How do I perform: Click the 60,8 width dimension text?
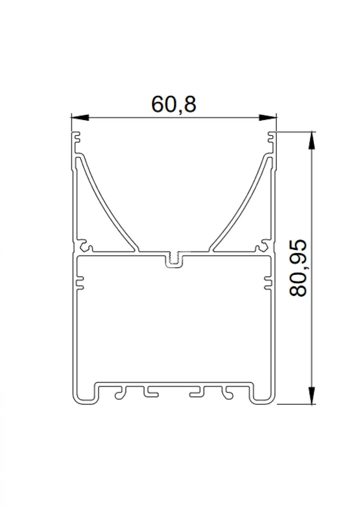(174, 105)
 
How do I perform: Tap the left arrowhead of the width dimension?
(80, 118)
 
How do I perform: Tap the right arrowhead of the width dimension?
(268, 118)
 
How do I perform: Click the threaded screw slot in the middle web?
(174, 261)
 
